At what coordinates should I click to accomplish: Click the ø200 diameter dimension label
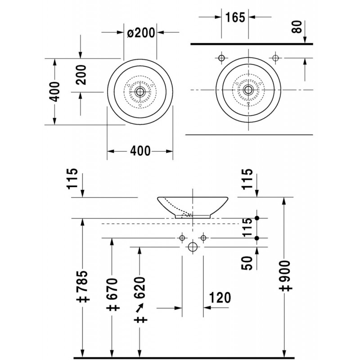pos(141,33)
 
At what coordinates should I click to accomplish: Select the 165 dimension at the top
pos(235,18)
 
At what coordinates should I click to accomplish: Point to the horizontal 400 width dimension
pos(140,151)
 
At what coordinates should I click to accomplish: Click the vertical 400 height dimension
pos(54,91)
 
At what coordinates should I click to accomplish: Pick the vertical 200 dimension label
pos(81,75)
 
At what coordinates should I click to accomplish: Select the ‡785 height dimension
pos(83,286)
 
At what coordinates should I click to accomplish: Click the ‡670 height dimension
pos(112,294)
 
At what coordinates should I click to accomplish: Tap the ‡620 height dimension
pos(140,300)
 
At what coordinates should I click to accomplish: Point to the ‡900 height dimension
pos(285,276)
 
